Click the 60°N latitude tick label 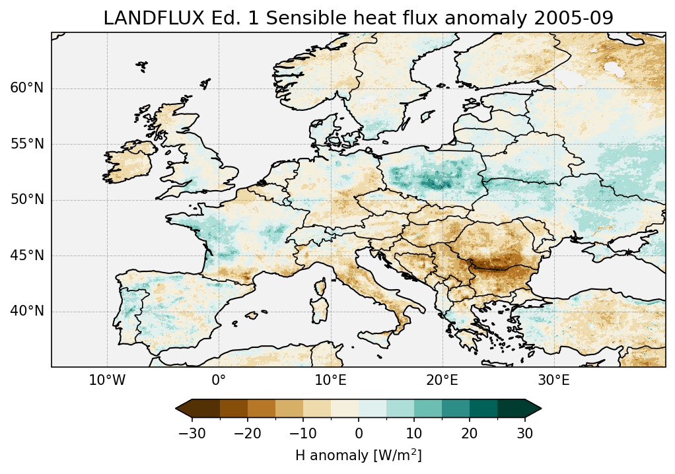(x=27, y=88)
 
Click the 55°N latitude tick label (x=27, y=144)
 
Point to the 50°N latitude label (x=27, y=200)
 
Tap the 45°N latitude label (x=27, y=255)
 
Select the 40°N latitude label (x=27, y=311)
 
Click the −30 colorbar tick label (x=192, y=434)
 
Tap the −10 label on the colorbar (x=302, y=434)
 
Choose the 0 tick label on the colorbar (x=359, y=434)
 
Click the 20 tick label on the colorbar (x=470, y=434)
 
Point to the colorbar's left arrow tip (x=176, y=409)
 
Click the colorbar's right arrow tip (x=541, y=409)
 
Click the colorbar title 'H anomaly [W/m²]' (x=359, y=455)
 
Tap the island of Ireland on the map (x=129, y=162)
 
